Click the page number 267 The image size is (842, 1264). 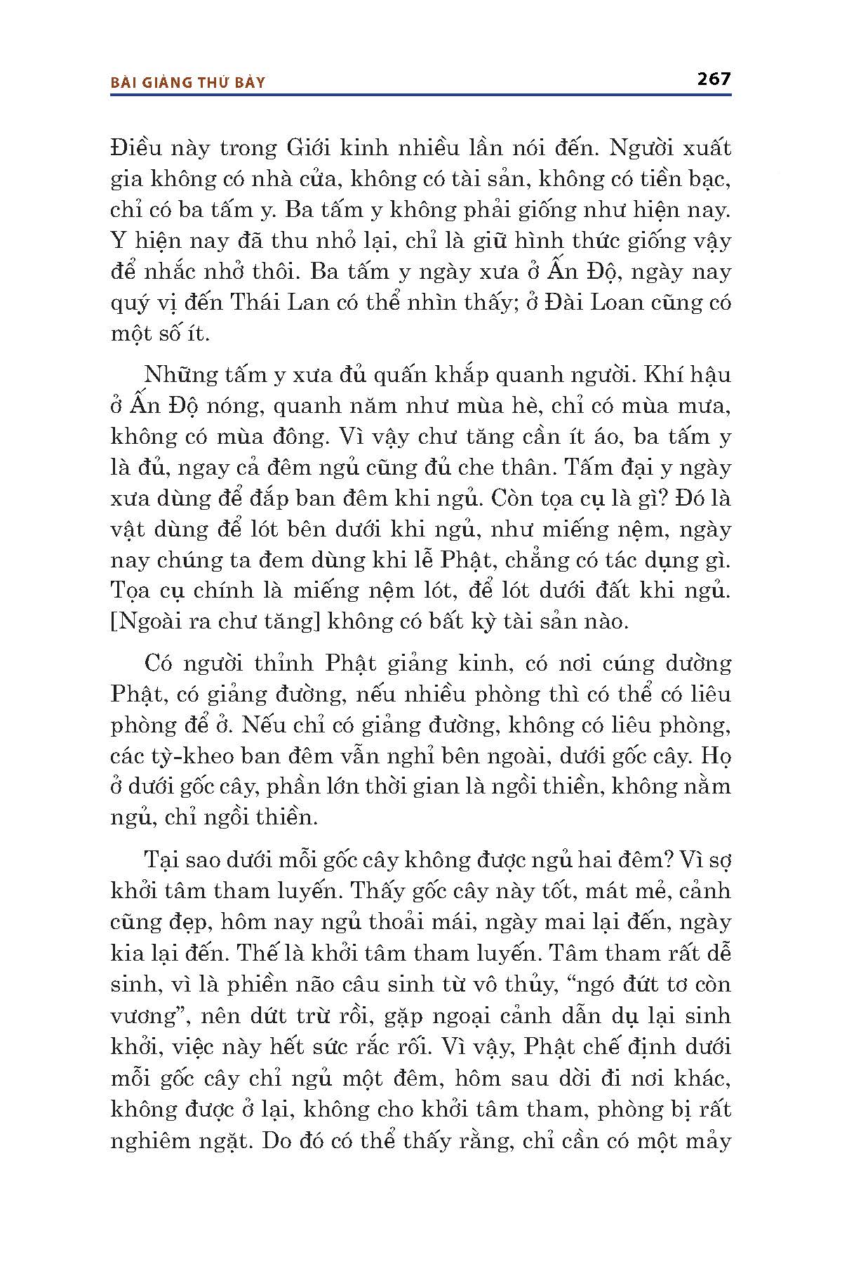click(x=714, y=79)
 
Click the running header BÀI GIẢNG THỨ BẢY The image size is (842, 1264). click(x=189, y=83)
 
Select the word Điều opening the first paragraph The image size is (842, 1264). click(x=136, y=149)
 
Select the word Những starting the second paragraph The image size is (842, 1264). click(x=176, y=375)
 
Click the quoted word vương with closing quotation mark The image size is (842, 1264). click(x=147, y=1016)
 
